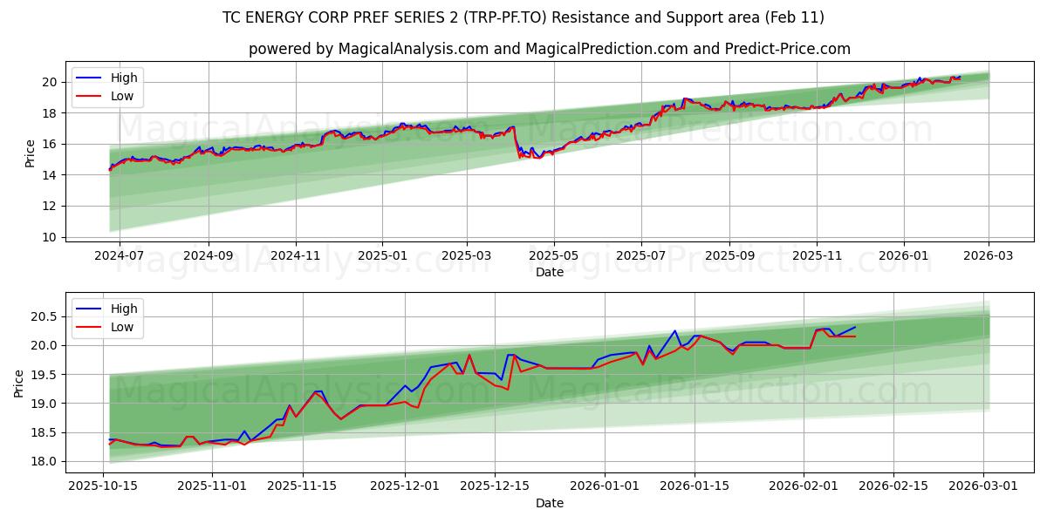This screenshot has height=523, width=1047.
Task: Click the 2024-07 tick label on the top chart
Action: (119, 256)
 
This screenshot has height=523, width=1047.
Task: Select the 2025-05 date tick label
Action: (553, 256)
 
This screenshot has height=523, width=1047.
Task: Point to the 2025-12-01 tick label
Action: (405, 486)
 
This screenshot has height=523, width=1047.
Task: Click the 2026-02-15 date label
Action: (893, 486)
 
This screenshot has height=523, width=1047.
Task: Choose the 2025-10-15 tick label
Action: (104, 486)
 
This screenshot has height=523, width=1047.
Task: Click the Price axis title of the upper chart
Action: (30, 153)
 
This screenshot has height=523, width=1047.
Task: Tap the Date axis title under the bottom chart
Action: (550, 503)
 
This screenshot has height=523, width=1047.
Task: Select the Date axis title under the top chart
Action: (550, 272)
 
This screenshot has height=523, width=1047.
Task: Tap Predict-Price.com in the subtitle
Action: (787, 49)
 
